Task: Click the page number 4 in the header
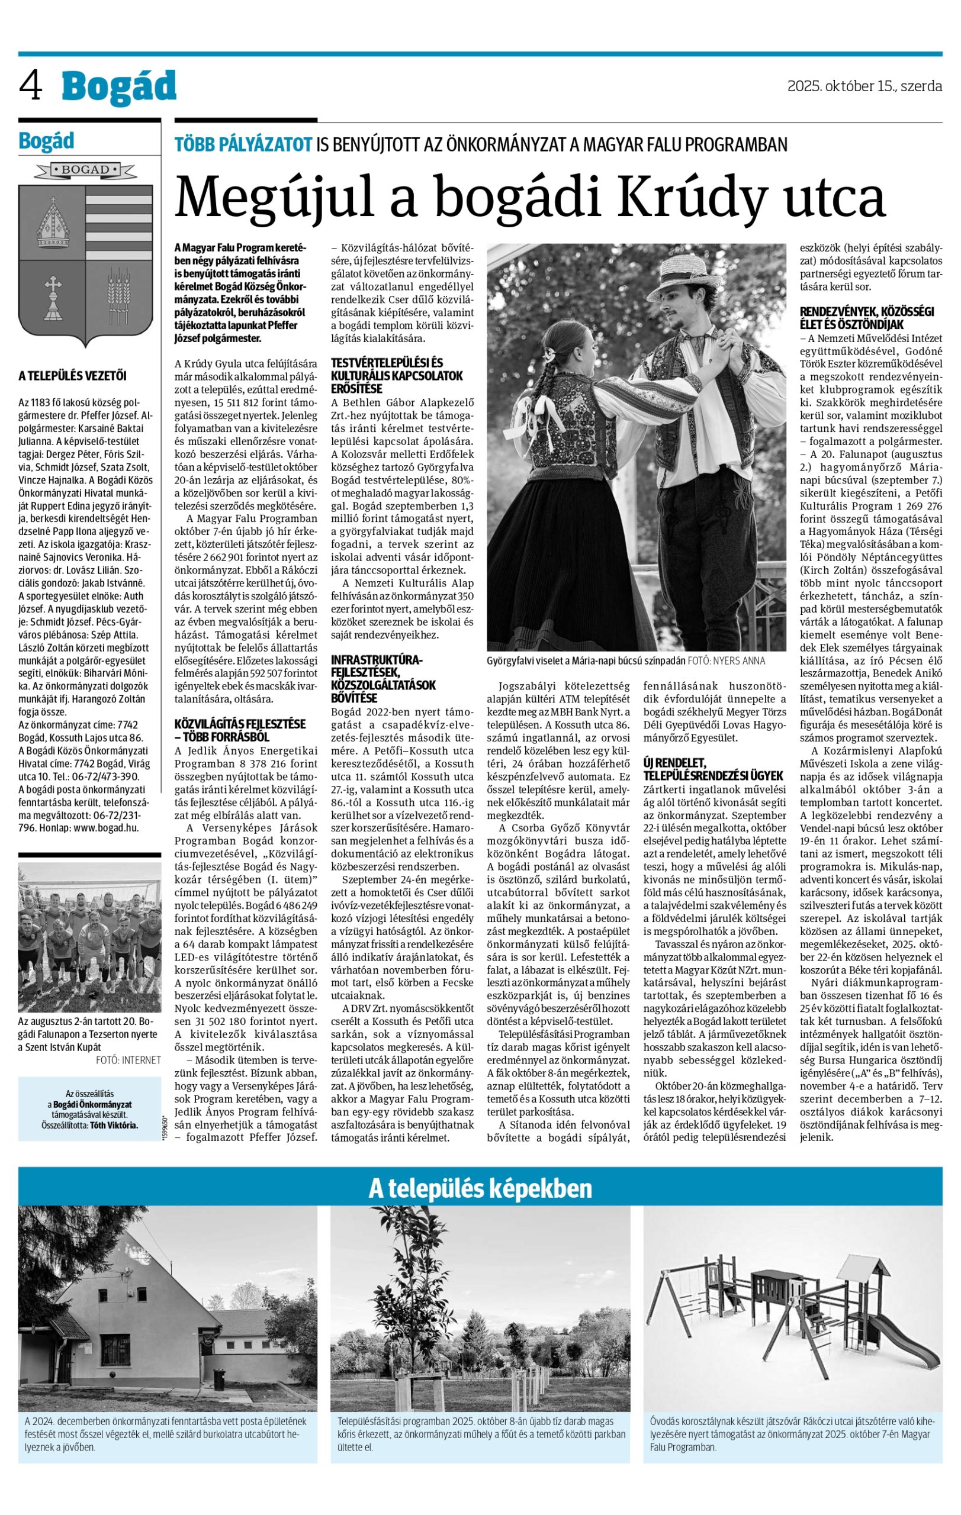31,86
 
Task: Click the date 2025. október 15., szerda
864,86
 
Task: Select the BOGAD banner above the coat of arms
85,170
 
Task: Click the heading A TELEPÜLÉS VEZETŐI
72,376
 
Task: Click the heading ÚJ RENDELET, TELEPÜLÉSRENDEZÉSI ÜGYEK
712,769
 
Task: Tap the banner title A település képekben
480,1188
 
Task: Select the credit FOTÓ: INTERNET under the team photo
128,1059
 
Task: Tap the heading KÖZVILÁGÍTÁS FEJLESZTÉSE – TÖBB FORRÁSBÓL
240,730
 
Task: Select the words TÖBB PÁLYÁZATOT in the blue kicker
243,145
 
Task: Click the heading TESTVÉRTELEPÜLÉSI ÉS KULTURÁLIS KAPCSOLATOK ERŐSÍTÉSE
397,376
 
